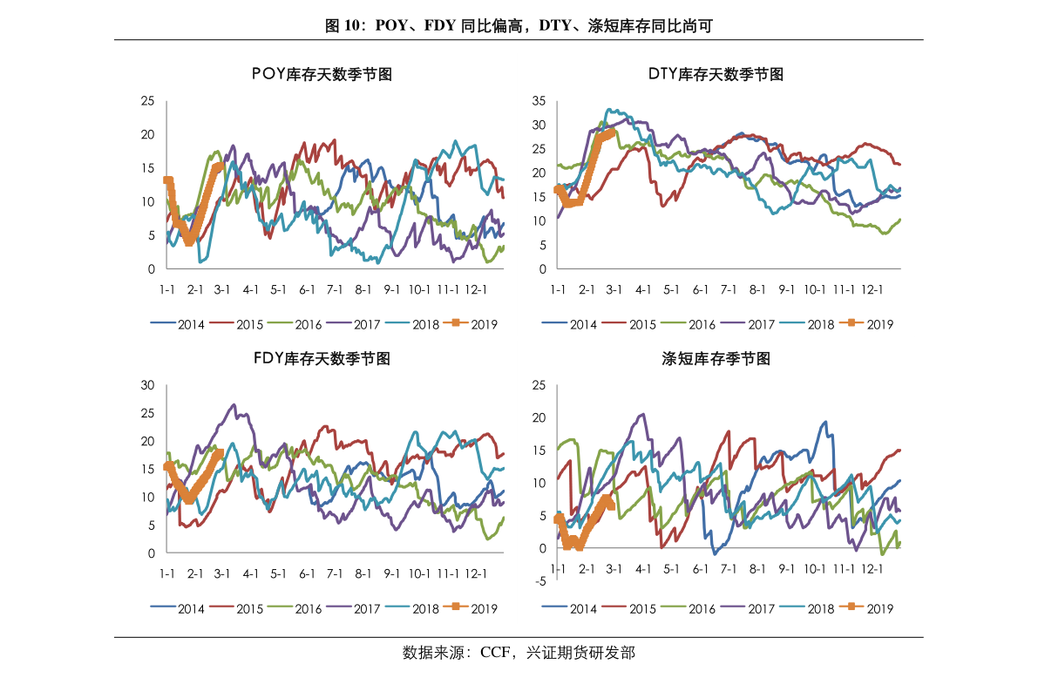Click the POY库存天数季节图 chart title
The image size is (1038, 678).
(x=322, y=74)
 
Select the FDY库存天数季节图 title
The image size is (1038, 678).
(x=322, y=358)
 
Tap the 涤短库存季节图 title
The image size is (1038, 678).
(x=716, y=358)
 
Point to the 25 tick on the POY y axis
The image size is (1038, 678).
(x=147, y=101)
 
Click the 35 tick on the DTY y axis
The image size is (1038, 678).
(x=539, y=101)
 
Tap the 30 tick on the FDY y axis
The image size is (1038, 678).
(x=147, y=385)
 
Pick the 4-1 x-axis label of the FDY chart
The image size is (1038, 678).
(x=251, y=573)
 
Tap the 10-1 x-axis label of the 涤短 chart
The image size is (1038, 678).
(x=815, y=568)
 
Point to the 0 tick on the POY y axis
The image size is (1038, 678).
(x=150, y=269)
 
